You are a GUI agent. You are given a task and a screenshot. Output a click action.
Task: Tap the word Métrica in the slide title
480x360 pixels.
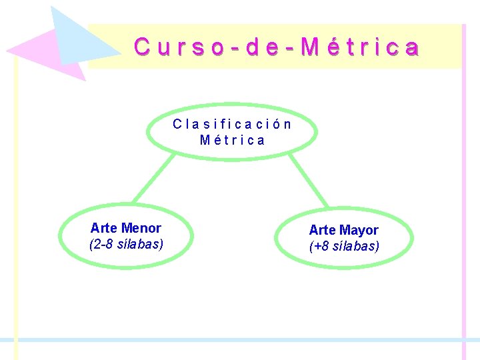point(361,47)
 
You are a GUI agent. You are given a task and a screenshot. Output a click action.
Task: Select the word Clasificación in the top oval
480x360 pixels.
point(232,124)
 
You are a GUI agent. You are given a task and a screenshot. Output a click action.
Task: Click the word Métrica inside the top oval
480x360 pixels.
point(232,141)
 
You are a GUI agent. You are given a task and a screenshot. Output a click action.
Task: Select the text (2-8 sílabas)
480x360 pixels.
point(126,244)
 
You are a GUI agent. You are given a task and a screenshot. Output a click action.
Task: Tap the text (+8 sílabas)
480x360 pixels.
point(344,246)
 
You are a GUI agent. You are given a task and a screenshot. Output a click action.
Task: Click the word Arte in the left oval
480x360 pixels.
point(104,228)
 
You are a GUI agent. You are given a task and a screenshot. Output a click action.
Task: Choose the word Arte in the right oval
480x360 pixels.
point(323,230)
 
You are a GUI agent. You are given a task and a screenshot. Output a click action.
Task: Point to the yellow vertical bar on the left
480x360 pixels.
point(16,200)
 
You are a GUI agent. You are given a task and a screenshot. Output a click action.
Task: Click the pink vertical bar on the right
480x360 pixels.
point(464,200)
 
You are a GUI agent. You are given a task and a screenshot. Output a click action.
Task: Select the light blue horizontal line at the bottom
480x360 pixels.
point(240,340)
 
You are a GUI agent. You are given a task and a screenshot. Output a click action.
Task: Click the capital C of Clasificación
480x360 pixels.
point(177,124)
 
